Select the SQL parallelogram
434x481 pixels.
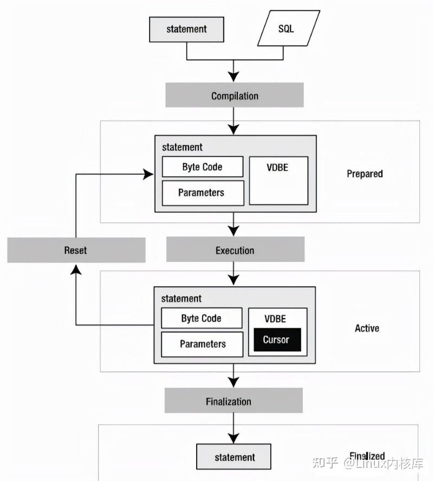point(286,29)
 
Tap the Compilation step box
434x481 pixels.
point(235,95)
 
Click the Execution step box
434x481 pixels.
point(235,250)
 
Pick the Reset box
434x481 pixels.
point(76,250)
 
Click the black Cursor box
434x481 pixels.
point(276,340)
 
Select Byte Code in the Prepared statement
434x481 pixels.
point(202,166)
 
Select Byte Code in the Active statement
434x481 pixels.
point(201,318)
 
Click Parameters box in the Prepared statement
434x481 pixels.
point(202,193)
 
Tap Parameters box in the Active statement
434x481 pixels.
point(202,344)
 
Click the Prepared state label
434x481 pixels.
point(364,174)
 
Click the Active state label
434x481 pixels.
point(367,328)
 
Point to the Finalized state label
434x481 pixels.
point(367,456)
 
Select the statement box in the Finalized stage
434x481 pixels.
point(234,457)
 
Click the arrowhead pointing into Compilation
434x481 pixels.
point(234,76)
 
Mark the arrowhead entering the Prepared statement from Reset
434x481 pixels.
point(148,174)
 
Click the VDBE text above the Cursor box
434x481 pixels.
point(275,319)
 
